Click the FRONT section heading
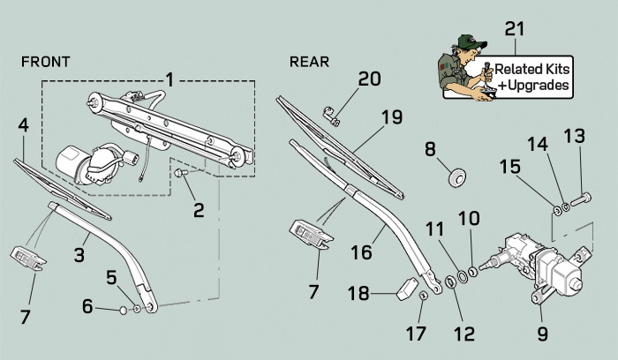45,63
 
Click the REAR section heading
309,63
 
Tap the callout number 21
516,28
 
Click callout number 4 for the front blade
24,125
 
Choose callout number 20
370,79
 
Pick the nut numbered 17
425,296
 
